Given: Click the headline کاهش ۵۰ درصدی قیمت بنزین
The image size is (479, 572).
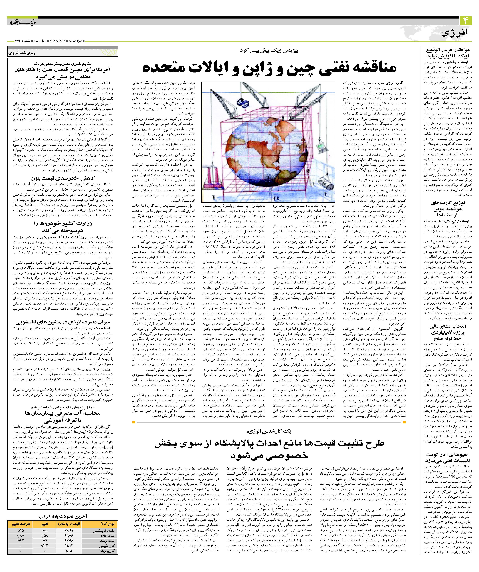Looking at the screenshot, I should coord(63,178).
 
